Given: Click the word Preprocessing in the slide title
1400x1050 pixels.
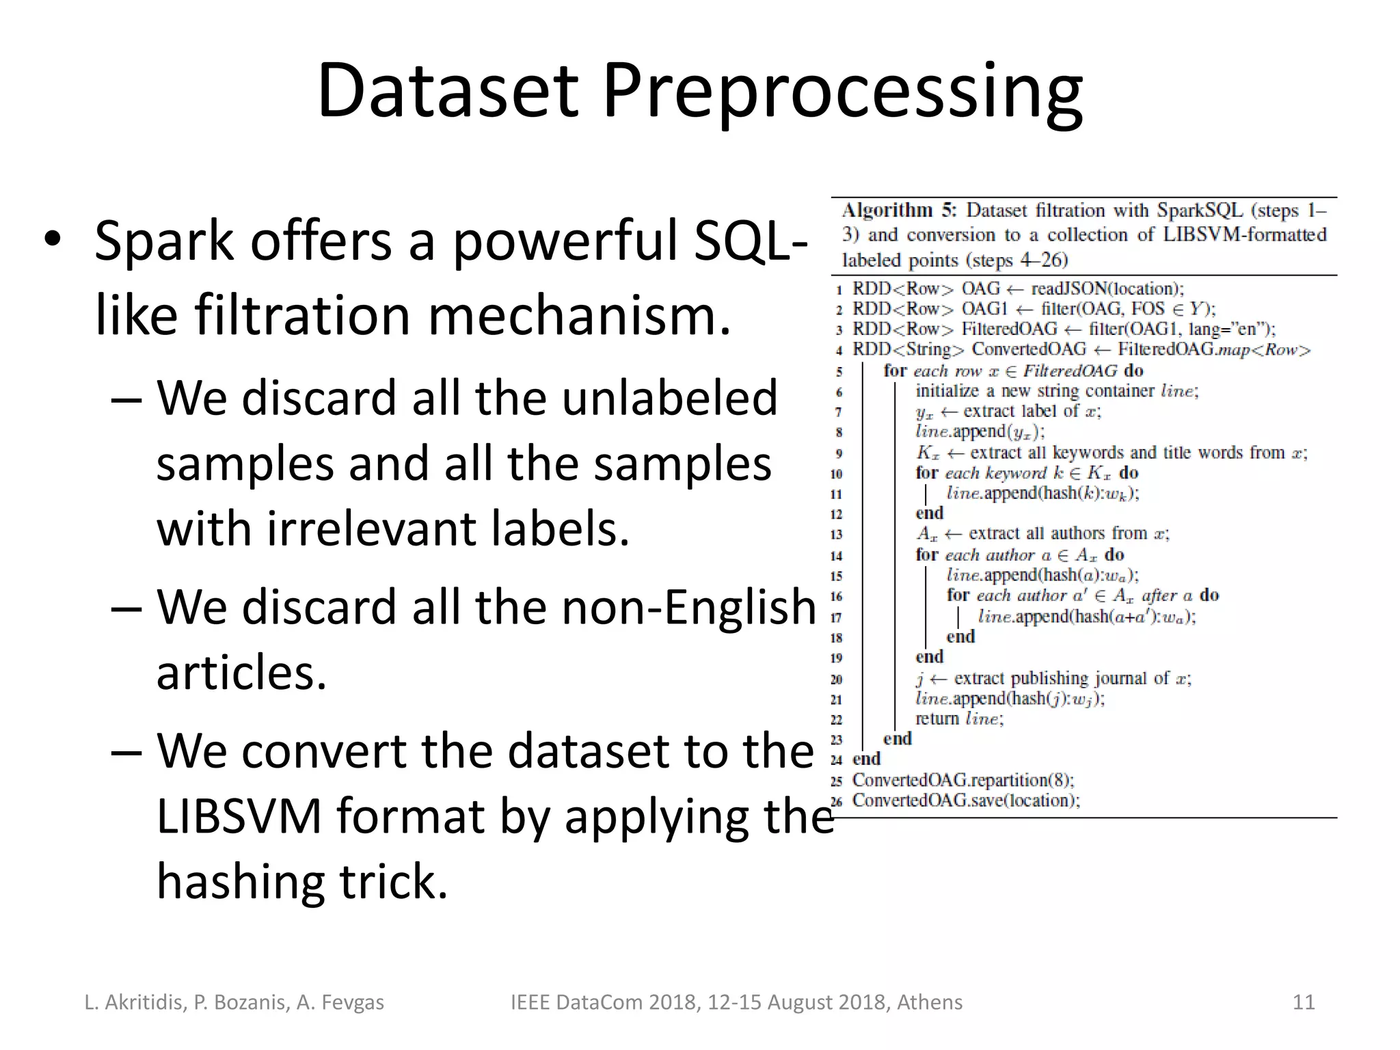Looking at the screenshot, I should pyautogui.click(x=842, y=92).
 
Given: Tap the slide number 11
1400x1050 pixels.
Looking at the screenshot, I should pyautogui.click(x=1304, y=1002).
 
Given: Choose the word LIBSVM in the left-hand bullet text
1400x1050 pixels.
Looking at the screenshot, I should pyautogui.click(x=239, y=816).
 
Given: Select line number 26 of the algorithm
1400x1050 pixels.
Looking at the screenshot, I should pyautogui.click(x=837, y=802).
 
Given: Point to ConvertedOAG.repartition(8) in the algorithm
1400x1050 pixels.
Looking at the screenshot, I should pyautogui.click(x=962, y=780).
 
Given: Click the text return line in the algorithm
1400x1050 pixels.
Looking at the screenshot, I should pyautogui.click(x=959, y=719).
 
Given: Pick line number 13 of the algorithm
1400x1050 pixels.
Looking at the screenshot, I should pyautogui.click(x=837, y=535).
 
